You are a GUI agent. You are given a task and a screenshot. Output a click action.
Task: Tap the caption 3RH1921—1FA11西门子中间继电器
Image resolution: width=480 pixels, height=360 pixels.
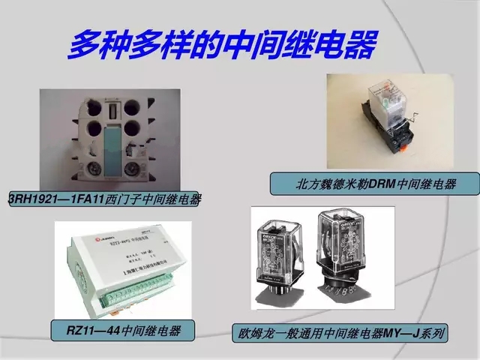click(105, 199)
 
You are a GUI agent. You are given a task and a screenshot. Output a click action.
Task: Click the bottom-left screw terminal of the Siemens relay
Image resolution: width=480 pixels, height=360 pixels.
click(95, 166)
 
